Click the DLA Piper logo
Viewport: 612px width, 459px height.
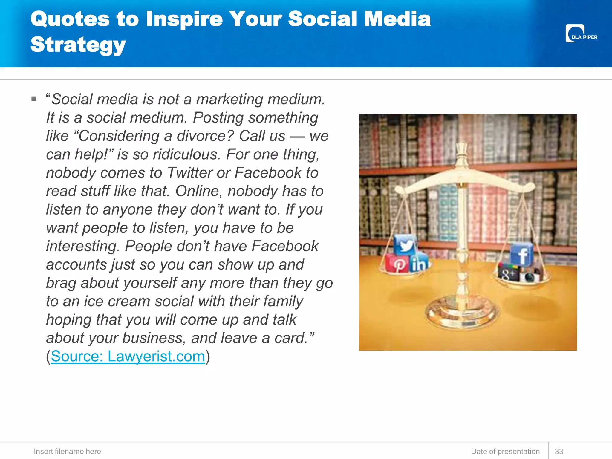click(x=581, y=34)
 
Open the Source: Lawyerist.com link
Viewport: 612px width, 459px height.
click(x=128, y=356)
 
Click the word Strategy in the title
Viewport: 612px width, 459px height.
click(x=78, y=45)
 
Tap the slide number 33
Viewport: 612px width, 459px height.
click(x=559, y=451)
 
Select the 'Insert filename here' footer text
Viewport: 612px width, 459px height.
click(x=67, y=451)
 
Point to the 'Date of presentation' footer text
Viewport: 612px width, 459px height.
click(x=505, y=451)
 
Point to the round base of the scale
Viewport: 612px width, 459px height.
click(x=462, y=315)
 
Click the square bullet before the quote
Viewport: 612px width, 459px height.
click(x=34, y=99)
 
